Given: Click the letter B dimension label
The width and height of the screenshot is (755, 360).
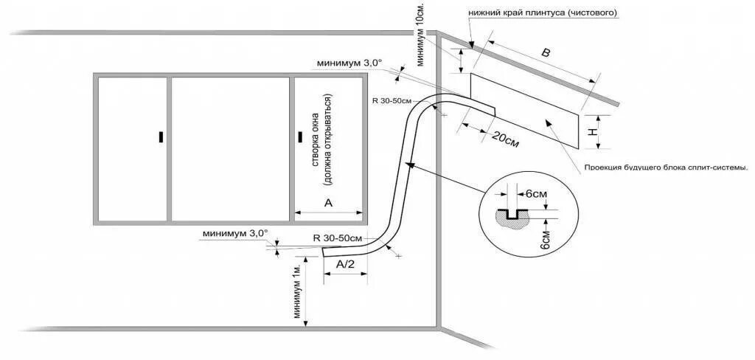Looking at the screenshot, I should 546,53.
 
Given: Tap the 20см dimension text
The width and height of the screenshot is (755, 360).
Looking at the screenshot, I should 503,138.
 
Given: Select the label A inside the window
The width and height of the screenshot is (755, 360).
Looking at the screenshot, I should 329,202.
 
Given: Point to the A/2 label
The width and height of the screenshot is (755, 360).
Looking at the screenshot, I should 346,263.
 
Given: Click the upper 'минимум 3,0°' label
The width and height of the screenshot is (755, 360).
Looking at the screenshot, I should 349,63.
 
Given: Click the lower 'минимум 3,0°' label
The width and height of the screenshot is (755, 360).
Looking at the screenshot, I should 234,234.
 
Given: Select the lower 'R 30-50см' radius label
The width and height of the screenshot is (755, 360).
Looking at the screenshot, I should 337,238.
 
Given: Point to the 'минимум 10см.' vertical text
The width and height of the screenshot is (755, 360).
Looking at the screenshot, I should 420,34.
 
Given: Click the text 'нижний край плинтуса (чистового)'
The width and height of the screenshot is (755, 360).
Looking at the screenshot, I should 542,13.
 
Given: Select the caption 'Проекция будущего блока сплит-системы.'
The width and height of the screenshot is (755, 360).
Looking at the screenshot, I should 666,167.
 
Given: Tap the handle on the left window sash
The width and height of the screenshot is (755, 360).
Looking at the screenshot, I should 159,136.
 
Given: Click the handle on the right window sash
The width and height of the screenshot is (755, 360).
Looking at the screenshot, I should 299,136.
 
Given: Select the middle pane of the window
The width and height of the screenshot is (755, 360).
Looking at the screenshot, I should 229,148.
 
